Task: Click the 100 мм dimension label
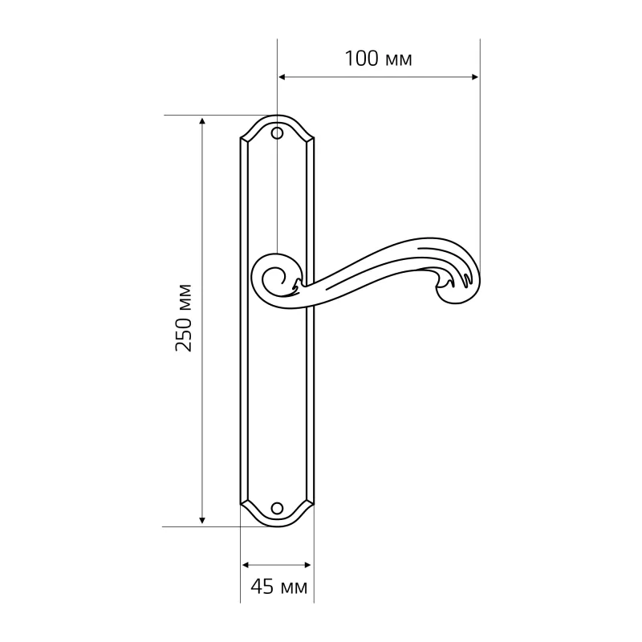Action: [x=378, y=59]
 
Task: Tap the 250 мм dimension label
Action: [x=184, y=318]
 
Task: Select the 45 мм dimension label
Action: [x=278, y=587]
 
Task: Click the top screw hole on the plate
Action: [x=277, y=133]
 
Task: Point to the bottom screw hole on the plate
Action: [x=277, y=508]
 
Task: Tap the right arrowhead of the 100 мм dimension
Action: [x=474, y=76]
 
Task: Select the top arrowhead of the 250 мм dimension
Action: [x=201, y=121]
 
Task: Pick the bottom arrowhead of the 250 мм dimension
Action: [x=201, y=520]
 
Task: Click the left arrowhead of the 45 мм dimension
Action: [x=246, y=566]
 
